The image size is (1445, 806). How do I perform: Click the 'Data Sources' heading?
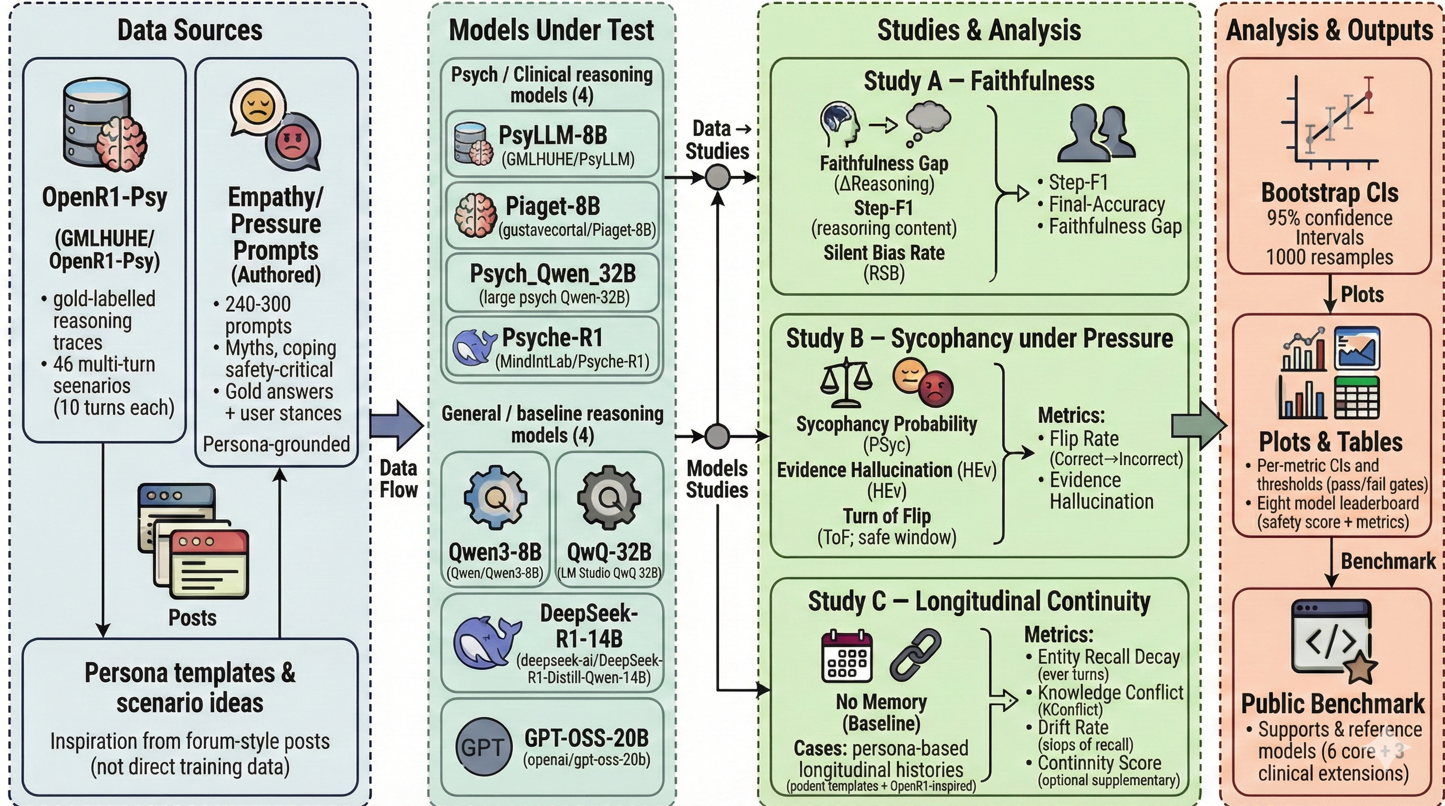[190, 30]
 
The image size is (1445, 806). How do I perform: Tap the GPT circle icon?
[484, 746]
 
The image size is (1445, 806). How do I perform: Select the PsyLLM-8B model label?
[552, 135]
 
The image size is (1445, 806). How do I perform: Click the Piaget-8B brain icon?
[475, 215]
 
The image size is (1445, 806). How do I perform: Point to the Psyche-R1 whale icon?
[474, 347]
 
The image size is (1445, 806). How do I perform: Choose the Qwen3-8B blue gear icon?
[495, 496]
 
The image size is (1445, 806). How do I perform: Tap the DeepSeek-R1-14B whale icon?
[486, 642]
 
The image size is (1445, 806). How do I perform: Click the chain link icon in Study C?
[915, 653]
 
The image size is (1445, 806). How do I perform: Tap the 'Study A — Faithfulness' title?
[979, 81]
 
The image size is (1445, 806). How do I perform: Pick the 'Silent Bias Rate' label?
[884, 253]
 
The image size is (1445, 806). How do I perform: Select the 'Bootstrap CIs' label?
[1329, 193]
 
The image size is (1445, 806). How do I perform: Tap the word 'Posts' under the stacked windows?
[192, 617]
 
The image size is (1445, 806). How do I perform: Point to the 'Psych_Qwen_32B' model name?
[552, 273]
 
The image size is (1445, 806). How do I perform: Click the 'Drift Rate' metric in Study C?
[1073, 727]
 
